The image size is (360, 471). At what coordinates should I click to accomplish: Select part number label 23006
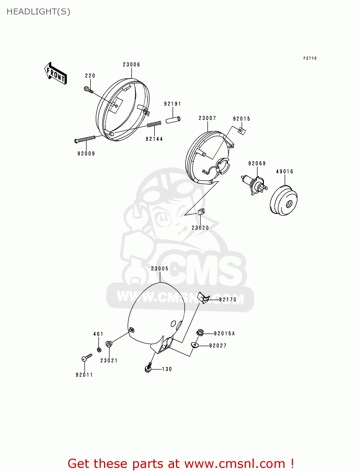pos(131,65)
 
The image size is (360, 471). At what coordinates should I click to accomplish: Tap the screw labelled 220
pos(88,90)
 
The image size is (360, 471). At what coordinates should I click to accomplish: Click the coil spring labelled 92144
pos(154,125)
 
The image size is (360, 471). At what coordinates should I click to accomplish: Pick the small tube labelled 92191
pos(173,120)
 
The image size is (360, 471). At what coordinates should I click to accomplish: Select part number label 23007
pos(207,118)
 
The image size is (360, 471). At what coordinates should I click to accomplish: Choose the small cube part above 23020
pos(201,211)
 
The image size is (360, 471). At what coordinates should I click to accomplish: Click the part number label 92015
pos(242,119)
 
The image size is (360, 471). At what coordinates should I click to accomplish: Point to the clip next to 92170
pos(204,298)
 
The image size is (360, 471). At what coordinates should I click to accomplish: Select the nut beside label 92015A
pos(200,333)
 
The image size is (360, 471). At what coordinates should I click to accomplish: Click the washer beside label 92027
pos(195,345)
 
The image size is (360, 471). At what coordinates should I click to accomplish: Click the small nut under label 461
pos(99,349)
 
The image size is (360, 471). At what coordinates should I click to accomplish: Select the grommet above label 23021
pos(109,344)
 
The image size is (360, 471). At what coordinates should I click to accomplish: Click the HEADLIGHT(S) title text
pos(38,12)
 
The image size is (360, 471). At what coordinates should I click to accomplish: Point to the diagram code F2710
pos(310,58)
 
